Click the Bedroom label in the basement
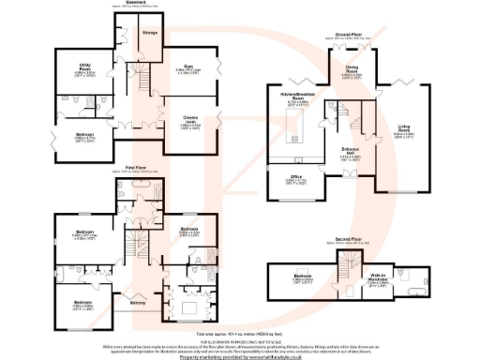coord(84,132)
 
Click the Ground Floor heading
coord(349,33)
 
